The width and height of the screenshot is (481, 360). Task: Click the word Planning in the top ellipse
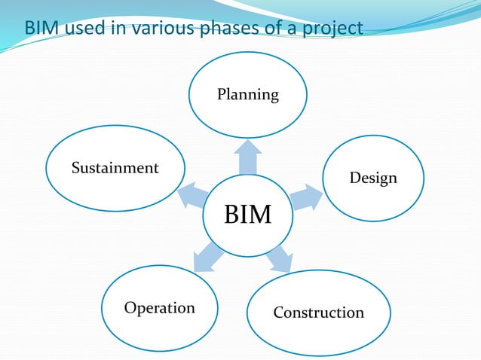[x=248, y=95]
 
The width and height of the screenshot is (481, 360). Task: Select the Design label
[x=372, y=178]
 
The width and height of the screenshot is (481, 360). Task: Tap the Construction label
[x=318, y=312]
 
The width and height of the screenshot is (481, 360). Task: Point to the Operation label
[x=159, y=308]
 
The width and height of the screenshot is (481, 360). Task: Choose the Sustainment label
[x=115, y=168]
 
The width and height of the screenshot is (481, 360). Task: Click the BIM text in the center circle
[x=248, y=215]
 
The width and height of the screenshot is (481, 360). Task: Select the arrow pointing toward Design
[x=305, y=197]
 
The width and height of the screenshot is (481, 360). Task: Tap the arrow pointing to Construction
[x=279, y=258]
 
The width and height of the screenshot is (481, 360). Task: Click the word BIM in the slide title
[x=41, y=29]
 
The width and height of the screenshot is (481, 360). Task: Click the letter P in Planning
[x=222, y=94]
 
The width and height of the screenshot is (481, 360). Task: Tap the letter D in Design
[x=354, y=178]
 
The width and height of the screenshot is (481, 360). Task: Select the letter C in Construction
[x=278, y=312]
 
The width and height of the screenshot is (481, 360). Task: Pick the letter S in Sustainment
[x=75, y=168]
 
